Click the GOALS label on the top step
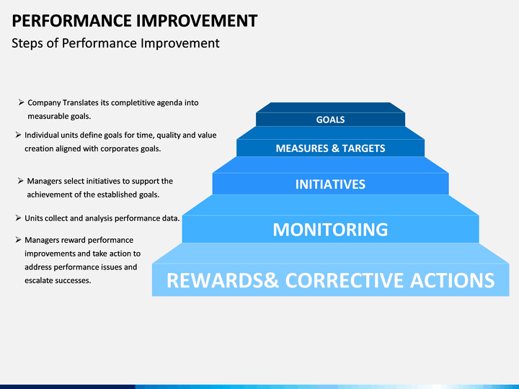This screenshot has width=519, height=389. [x=330, y=120]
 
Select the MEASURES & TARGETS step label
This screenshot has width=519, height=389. [x=330, y=148]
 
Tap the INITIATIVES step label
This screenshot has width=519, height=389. [x=330, y=184]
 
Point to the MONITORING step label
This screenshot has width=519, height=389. [x=330, y=230]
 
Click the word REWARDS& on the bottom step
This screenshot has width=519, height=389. [x=223, y=280]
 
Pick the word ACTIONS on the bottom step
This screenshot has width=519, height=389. [x=453, y=280]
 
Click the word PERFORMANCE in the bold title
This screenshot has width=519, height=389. [x=72, y=20]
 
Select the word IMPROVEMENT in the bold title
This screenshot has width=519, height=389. [x=197, y=20]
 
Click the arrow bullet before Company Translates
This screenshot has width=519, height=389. [x=21, y=102]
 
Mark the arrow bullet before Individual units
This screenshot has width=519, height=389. [x=18, y=135]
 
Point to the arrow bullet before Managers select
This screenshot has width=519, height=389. [x=20, y=181]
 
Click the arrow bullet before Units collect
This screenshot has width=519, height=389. [x=18, y=218]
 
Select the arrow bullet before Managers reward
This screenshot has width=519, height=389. [x=18, y=239]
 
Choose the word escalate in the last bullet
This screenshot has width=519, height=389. [x=37, y=280]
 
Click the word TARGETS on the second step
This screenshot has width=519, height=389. [x=363, y=148]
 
